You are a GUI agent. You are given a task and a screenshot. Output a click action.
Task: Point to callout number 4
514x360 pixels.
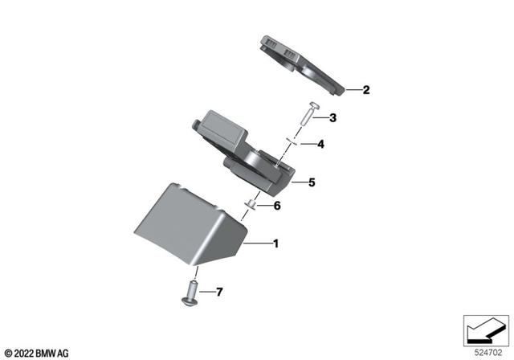(320, 145)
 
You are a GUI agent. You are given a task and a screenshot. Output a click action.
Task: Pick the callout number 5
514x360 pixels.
(311, 182)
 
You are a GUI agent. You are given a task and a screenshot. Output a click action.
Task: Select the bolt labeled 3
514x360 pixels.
(308, 117)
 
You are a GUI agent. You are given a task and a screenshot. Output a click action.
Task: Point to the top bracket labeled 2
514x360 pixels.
(301, 64)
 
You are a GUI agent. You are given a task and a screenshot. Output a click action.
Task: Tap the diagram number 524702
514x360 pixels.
(487, 351)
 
